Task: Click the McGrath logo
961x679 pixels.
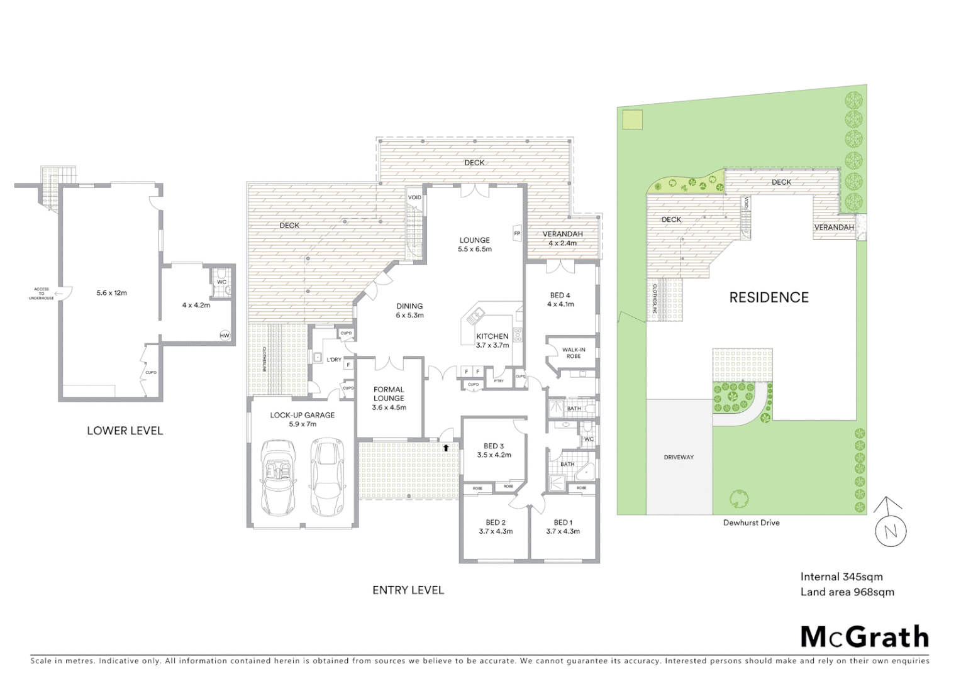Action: point(865,637)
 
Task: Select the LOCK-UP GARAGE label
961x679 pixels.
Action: point(303,415)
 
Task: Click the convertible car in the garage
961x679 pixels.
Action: point(278,478)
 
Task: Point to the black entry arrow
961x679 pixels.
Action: point(446,448)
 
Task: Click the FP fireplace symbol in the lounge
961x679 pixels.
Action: point(518,233)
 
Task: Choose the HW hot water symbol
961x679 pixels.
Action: point(225,335)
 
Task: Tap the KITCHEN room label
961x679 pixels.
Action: point(492,336)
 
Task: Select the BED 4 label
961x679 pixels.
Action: point(560,295)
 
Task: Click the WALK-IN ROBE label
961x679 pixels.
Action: point(574,353)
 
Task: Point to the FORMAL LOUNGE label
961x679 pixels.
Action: point(389,394)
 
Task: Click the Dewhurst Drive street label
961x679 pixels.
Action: point(751,522)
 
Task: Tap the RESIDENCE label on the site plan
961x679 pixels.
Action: point(769,297)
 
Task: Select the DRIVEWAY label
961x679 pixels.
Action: point(679,457)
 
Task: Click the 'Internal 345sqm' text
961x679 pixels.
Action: point(841,577)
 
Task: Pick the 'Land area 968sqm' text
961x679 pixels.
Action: point(847,592)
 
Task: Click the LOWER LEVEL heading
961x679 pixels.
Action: point(125,431)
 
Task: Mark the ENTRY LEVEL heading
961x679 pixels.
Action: point(408,590)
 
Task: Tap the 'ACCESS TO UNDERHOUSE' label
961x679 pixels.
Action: point(42,294)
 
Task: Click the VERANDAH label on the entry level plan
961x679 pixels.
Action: point(562,234)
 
